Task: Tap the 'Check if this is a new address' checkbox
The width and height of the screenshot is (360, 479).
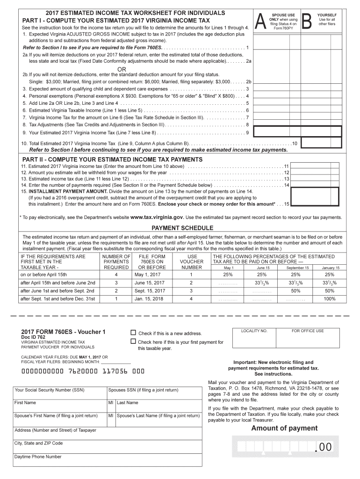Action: coord(133,333)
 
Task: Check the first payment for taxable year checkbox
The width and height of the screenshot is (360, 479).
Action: coord(133,341)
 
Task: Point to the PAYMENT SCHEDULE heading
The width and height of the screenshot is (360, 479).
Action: coord(182,228)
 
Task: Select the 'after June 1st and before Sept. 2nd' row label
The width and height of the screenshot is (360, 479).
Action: coord(58,291)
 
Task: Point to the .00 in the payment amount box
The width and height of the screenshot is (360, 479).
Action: coord(323,448)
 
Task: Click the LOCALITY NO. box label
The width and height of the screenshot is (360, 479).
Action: coord(254,331)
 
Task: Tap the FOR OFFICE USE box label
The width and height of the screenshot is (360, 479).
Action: coord(308,331)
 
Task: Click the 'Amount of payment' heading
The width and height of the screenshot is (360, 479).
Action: coord(284,428)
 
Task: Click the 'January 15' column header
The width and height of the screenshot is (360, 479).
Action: coord(331,268)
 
